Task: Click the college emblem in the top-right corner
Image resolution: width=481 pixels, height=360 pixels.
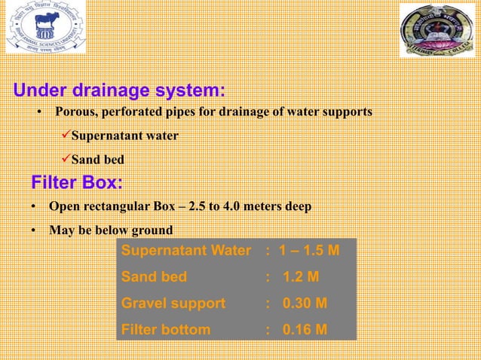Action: [437, 31]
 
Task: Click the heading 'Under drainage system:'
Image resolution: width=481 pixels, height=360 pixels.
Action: [119, 92]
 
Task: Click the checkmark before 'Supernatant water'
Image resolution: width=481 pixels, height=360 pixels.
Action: [65, 136]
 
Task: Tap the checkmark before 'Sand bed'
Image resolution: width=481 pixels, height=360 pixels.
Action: [65, 160]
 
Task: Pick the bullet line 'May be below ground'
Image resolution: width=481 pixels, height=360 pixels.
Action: [110, 230]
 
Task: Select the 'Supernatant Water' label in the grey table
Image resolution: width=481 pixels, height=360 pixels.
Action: [185, 251]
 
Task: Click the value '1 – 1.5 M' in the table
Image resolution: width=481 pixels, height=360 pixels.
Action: [308, 251]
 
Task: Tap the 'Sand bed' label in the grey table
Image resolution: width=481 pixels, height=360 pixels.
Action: [154, 277]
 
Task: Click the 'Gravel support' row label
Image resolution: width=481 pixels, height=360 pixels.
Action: [173, 304]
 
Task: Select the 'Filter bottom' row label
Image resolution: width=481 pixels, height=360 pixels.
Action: [166, 329]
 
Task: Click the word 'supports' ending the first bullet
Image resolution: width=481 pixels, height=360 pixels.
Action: [347, 112]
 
